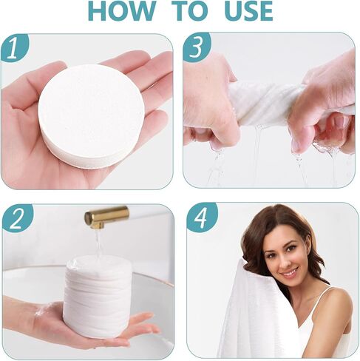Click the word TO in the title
pyautogui.click(x=190, y=11)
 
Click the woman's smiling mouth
pyautogui.click(x=288, y=272)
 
